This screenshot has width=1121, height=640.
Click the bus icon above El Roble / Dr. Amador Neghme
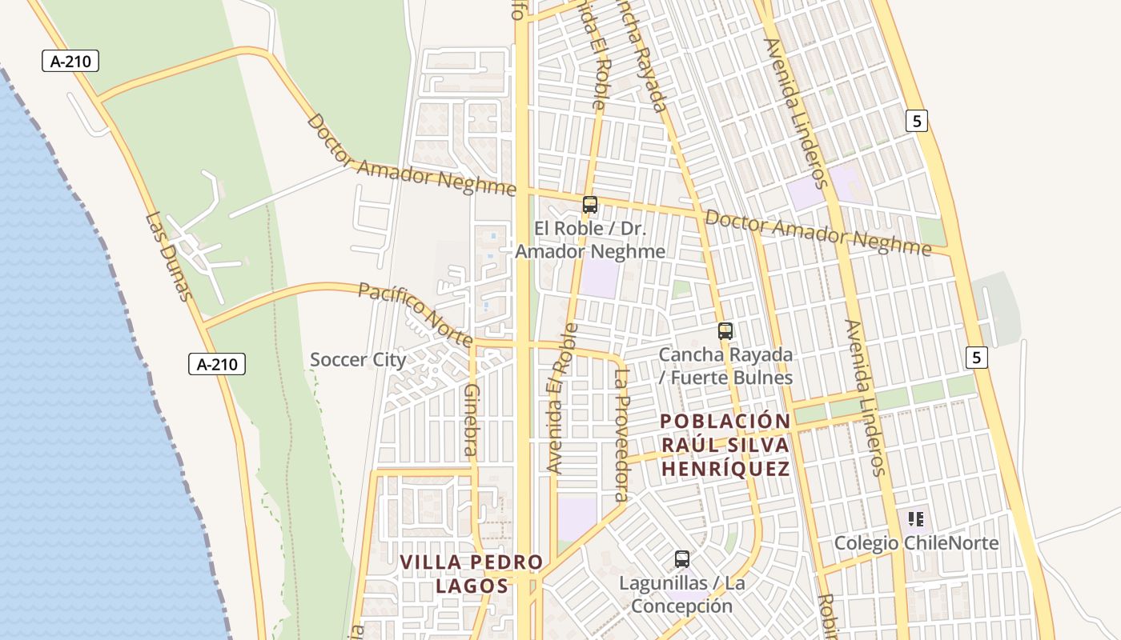point(590,205)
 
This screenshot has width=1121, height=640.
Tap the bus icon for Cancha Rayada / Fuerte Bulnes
point(725,330)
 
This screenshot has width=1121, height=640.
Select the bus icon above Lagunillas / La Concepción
point(682,559)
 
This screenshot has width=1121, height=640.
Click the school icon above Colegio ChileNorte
point(916,519)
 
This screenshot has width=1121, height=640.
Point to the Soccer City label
point(358,360)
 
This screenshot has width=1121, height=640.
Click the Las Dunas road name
point(169,257)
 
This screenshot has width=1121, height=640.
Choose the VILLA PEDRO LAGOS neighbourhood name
point(472,574)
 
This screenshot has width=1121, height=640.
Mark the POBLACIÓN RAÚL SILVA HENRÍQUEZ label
point(726,445)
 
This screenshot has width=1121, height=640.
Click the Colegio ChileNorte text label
point(916,543)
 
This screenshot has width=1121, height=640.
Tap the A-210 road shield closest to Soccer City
point(217,364)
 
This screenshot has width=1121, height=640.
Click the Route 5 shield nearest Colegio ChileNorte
point(976,357)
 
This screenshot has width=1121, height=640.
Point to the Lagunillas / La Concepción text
point(682,594)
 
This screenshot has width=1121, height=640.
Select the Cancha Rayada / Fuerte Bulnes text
point(725,366)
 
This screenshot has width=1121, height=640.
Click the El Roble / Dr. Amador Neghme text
point(590,240)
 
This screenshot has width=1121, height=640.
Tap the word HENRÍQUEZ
point(726,469)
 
